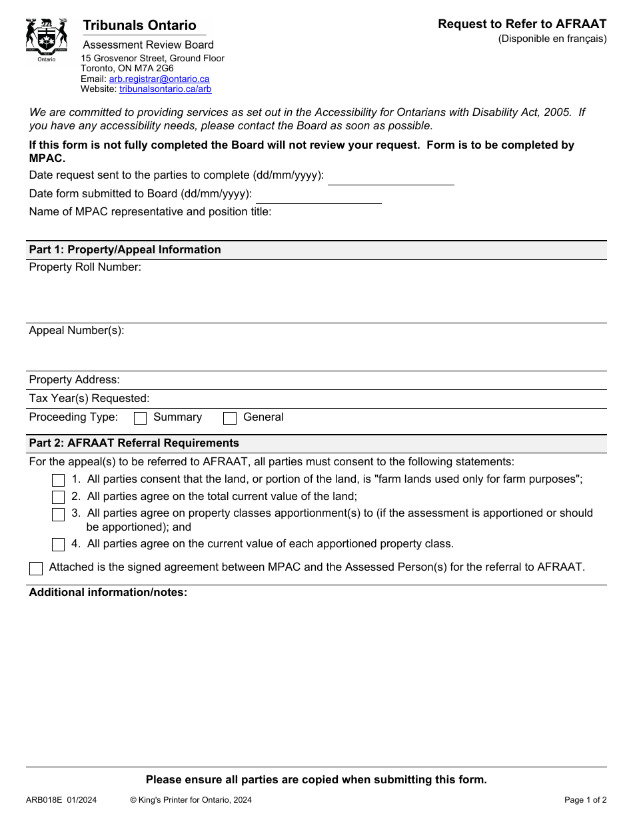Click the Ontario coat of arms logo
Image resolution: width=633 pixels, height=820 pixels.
[47, 39]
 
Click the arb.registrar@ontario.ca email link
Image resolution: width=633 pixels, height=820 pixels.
[159, 79]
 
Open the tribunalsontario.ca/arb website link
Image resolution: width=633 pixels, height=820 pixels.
[165, 89]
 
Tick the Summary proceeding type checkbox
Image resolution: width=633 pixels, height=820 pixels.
[141, 418]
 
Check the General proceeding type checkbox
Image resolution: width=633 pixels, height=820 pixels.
[230, 418]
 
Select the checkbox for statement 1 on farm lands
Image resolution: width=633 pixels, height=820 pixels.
[59, 480]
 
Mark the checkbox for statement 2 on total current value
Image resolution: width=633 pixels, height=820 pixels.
[59, 497]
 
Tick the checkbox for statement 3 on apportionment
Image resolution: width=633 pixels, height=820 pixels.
[59, 514]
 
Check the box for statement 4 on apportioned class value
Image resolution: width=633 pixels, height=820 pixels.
[59, 545]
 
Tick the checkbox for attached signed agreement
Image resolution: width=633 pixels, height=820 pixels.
[36, 569]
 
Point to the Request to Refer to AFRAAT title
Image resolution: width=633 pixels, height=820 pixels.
[522, 24]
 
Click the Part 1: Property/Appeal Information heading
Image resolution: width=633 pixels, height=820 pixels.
[125, 250]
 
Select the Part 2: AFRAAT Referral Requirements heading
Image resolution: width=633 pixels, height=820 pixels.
[134, 443]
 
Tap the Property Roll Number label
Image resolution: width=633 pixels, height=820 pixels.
[85, 267]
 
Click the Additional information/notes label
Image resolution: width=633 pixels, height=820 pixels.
[108, 593]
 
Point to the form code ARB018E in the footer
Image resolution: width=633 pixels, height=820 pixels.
[44, 800]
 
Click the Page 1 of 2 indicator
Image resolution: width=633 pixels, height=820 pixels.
[585, 800]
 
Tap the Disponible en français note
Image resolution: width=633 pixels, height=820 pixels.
[552, 39]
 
